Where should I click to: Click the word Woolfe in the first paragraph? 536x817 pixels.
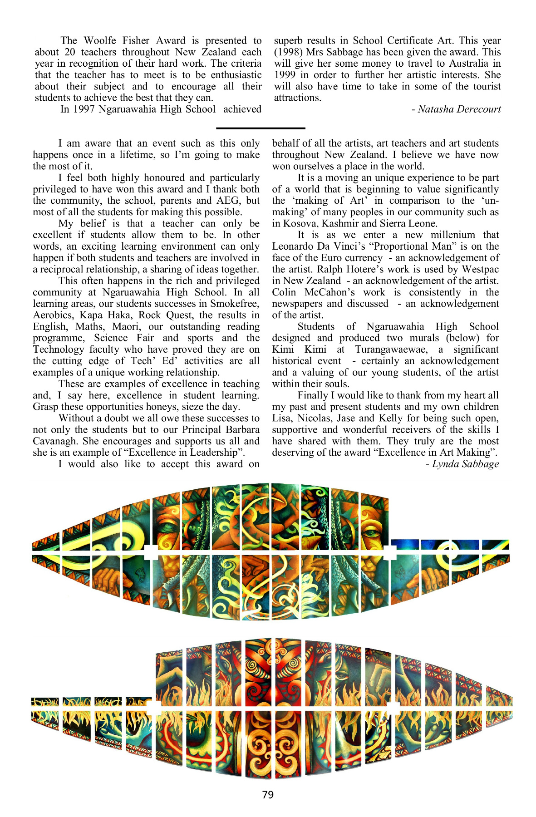101,40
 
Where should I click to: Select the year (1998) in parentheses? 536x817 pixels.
288,52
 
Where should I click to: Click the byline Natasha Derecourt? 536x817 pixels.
459,109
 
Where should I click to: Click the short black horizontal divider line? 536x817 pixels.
261,128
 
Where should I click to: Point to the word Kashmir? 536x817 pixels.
340,224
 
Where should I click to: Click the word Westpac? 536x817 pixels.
480,269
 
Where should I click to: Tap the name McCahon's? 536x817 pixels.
329,292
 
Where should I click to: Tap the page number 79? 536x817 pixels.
268,794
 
